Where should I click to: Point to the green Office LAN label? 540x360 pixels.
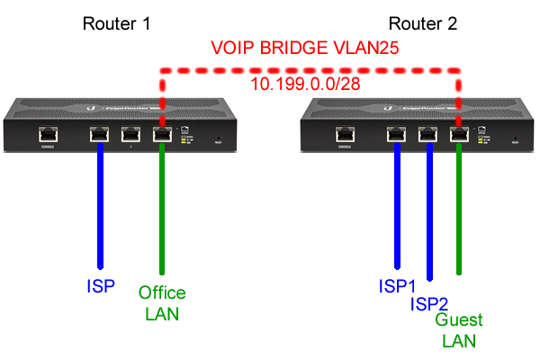pyautogui.click(x=162, y=303)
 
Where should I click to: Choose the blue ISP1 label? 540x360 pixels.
pyautogui.click(x=397, y=287)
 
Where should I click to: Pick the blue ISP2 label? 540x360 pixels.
pyautogui.click(x=430, y=303)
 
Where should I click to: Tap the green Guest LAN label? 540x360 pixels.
pyautogui.click(x=459, y=330)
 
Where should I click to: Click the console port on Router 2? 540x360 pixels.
pyautogui.click(x=344, y=135)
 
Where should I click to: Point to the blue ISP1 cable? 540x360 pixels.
pyautogui.click(x=397, y=207)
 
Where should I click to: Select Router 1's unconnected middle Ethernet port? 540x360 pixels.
pyautogui.click(x=131, y=135)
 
